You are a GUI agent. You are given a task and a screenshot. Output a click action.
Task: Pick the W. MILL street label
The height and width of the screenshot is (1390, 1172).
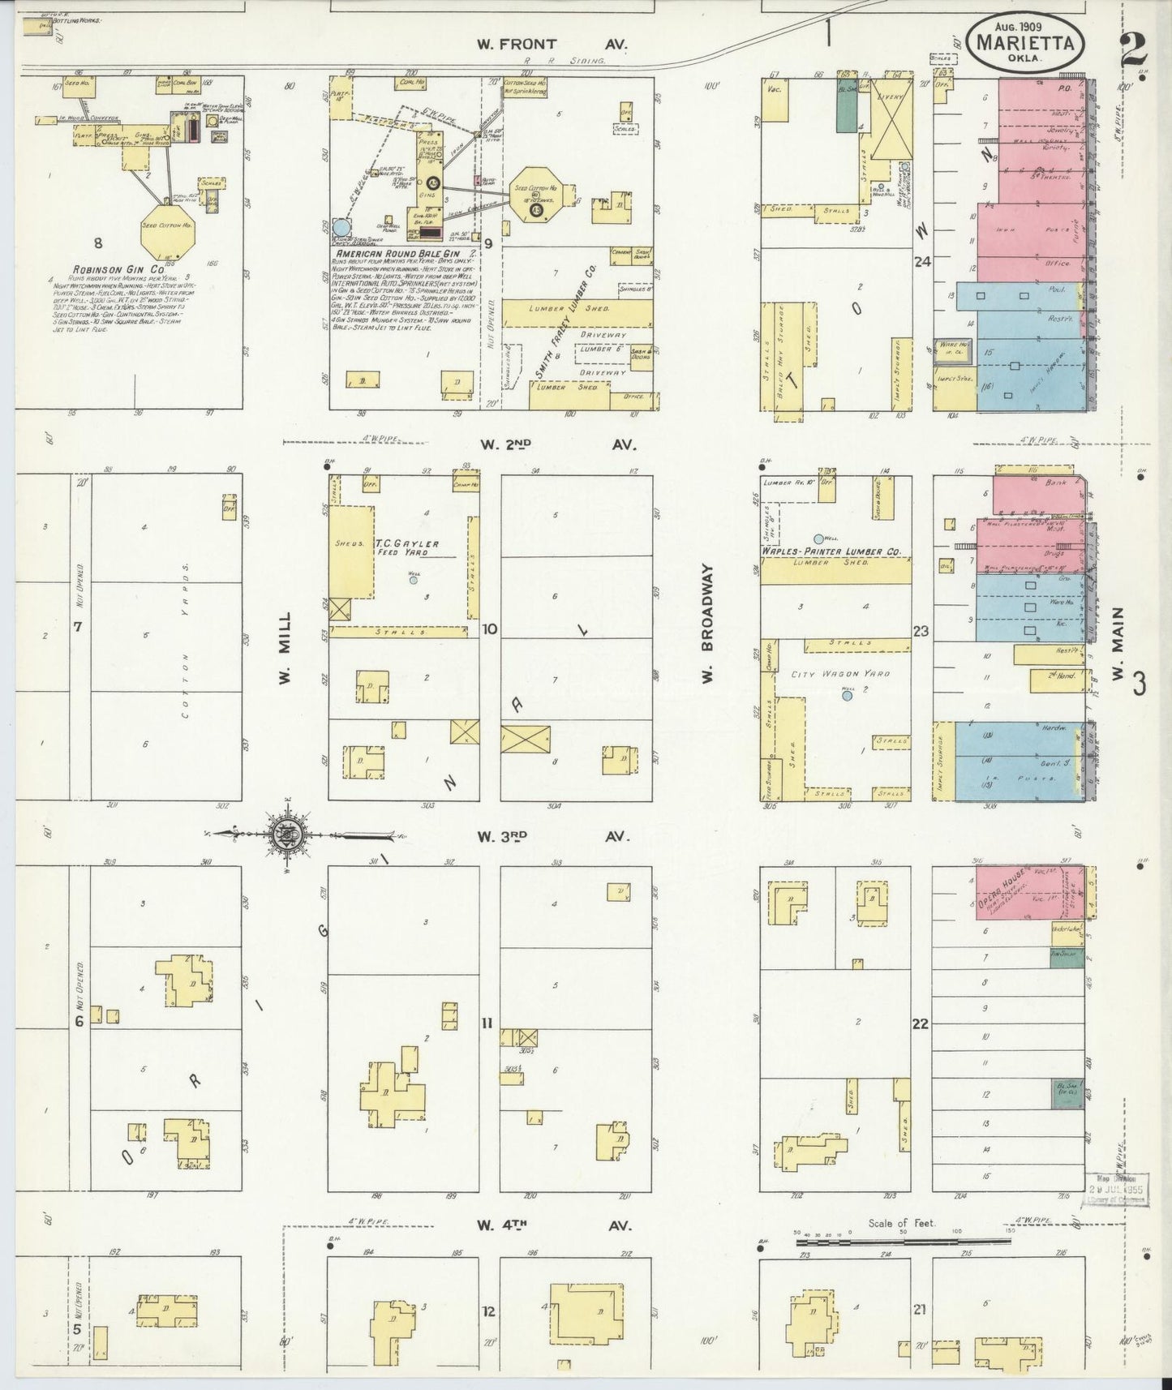click(285, 649)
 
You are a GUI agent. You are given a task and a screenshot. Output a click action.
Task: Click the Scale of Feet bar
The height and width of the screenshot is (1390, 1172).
click(900, 1242)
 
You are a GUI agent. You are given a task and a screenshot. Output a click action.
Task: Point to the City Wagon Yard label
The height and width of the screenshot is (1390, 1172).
click(829, 674)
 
